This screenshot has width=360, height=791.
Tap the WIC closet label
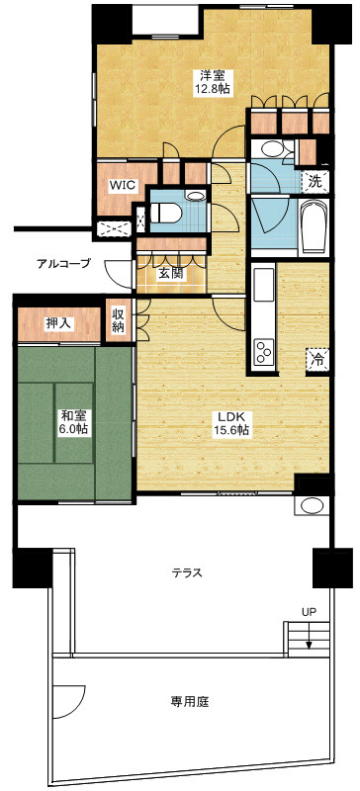124,185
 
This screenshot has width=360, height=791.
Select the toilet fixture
164,213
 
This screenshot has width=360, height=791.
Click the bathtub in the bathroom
314,227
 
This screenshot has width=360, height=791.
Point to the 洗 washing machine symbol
315,182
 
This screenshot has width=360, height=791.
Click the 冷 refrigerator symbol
317,359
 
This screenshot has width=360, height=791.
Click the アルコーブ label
63,263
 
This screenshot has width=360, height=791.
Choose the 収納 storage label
119,321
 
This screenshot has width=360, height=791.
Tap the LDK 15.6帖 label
231,424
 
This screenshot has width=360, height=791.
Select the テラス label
187,572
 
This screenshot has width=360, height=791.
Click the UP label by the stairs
309,613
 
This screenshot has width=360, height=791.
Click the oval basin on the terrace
310,505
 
